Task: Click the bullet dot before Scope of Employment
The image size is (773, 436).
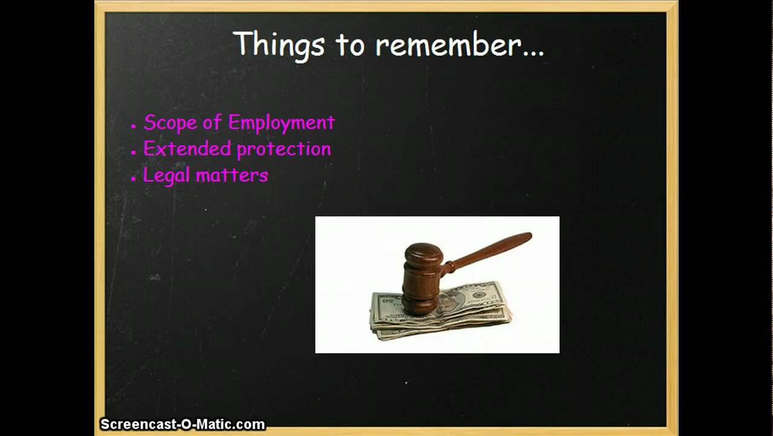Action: (x=134, y=126)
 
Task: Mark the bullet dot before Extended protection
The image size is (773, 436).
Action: (x=134, y=153)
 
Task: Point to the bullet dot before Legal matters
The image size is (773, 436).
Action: (x=134, y=179)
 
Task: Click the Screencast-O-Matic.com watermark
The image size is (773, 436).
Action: (x=183, y=424)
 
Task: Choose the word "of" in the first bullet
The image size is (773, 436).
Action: (x=212, y=123)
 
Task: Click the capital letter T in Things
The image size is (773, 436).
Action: (x=241, y=44)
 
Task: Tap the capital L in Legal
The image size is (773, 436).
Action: (x=148, y=176)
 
